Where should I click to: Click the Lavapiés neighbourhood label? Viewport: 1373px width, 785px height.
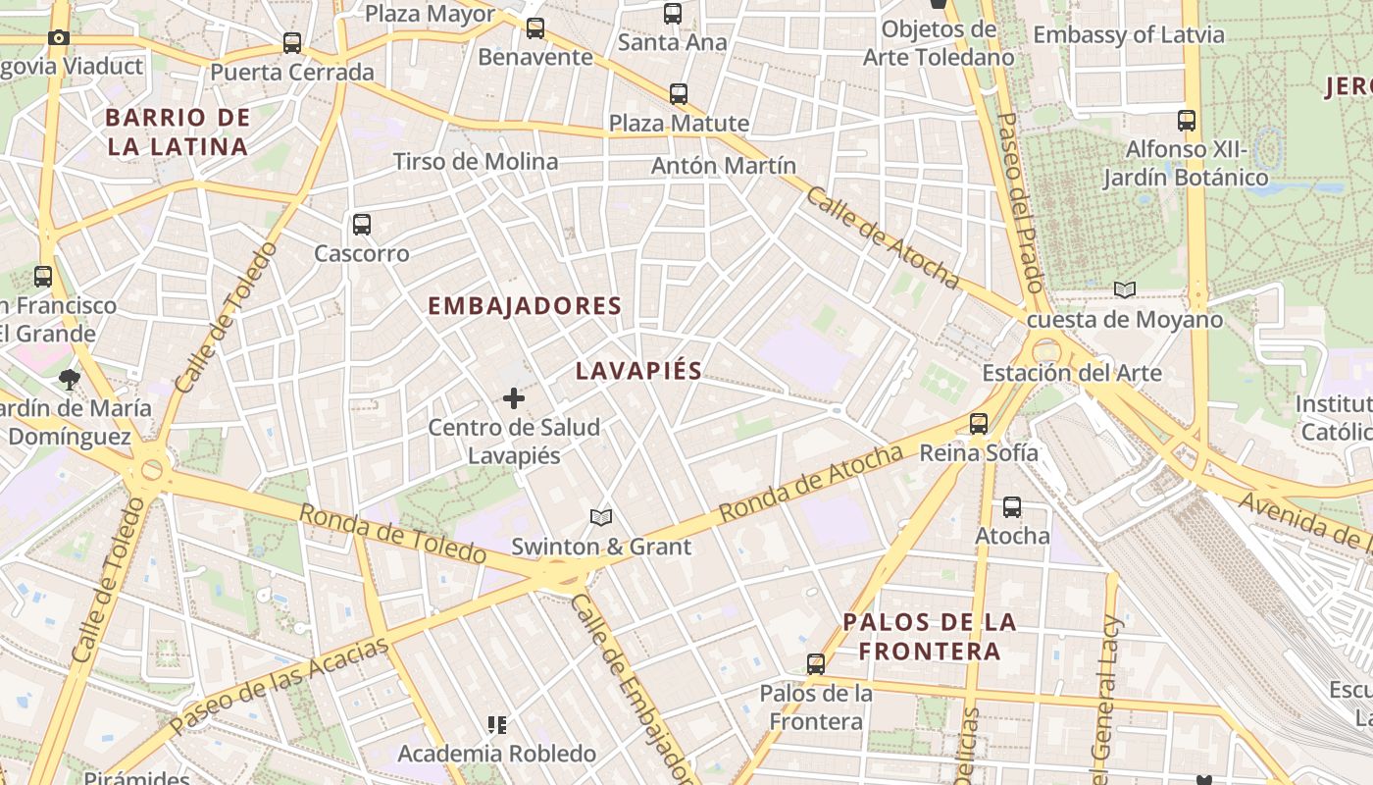(638, 371)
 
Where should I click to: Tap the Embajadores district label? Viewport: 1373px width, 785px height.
(525, 306)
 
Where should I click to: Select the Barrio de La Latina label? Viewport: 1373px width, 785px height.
(177, 132)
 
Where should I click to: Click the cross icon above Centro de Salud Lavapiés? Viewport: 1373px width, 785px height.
(513, 398)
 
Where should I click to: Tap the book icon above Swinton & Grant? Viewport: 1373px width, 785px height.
(601, 517)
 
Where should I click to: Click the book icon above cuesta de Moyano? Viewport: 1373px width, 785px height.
(1125, 290)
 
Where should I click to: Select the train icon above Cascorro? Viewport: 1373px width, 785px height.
(362, 225)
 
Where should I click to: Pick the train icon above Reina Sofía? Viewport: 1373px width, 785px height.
(978, 424)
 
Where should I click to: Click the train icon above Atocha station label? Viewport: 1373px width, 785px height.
(1012, 507)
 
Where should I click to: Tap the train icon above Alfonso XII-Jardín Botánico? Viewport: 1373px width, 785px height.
(1187, 121)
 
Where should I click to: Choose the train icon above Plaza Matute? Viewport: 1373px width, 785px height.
(679, 94)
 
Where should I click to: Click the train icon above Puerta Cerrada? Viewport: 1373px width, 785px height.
(292, 43)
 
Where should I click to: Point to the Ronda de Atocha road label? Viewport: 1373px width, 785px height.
(810, 484)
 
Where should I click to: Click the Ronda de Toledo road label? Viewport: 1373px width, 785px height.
(392, 534)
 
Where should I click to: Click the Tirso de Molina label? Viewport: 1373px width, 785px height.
(476, 162)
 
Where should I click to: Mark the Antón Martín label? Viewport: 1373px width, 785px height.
(724, 166)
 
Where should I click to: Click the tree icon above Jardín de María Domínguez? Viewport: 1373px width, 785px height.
(69, 379)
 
